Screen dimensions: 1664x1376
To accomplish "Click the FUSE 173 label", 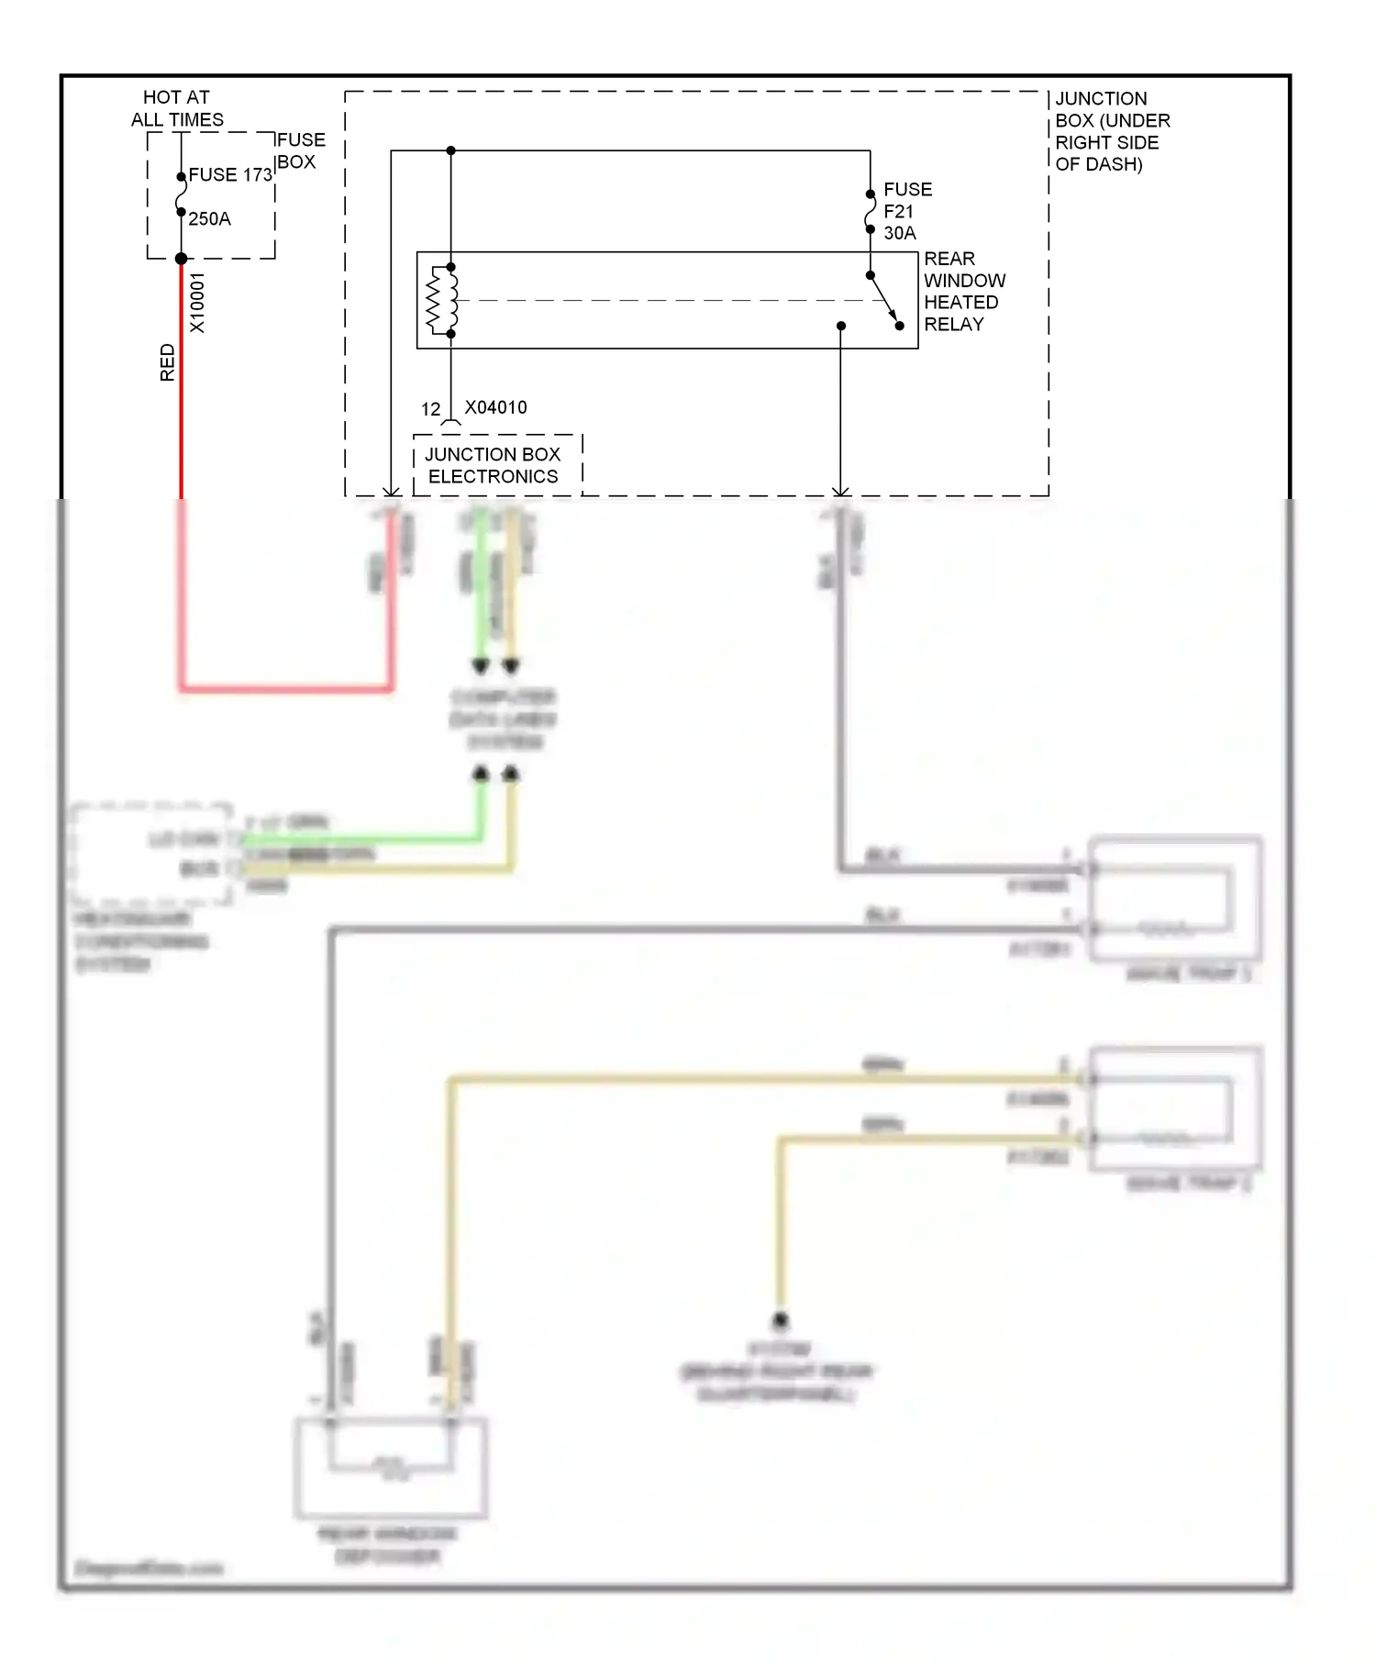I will pos(230,174).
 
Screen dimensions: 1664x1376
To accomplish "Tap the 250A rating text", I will pos(209,218).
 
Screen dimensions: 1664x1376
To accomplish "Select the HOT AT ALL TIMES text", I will pos(176,108).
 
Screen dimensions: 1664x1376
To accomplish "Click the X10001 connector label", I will pos(197,303).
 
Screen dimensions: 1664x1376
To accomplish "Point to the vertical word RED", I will pos(167,362).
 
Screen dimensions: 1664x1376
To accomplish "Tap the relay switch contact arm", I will pos(884,300).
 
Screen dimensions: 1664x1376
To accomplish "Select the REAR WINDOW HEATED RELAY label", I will pos(963,291).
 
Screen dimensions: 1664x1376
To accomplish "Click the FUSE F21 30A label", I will pos(906,211).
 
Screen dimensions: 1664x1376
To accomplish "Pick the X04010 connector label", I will pos(495,407).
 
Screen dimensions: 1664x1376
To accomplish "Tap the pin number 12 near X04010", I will pos(430,409).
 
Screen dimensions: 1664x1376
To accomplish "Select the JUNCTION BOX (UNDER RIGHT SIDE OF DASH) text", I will pos(1111,131).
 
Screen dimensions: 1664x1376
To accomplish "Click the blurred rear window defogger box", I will pos(391,1468).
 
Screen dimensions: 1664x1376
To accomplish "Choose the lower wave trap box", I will pos(1175,1108).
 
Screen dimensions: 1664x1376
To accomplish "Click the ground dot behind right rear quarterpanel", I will pos(780,1320).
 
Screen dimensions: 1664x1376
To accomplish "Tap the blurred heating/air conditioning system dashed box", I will pos(151,854).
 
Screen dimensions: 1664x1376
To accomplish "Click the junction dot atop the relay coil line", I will pos(450,150).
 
